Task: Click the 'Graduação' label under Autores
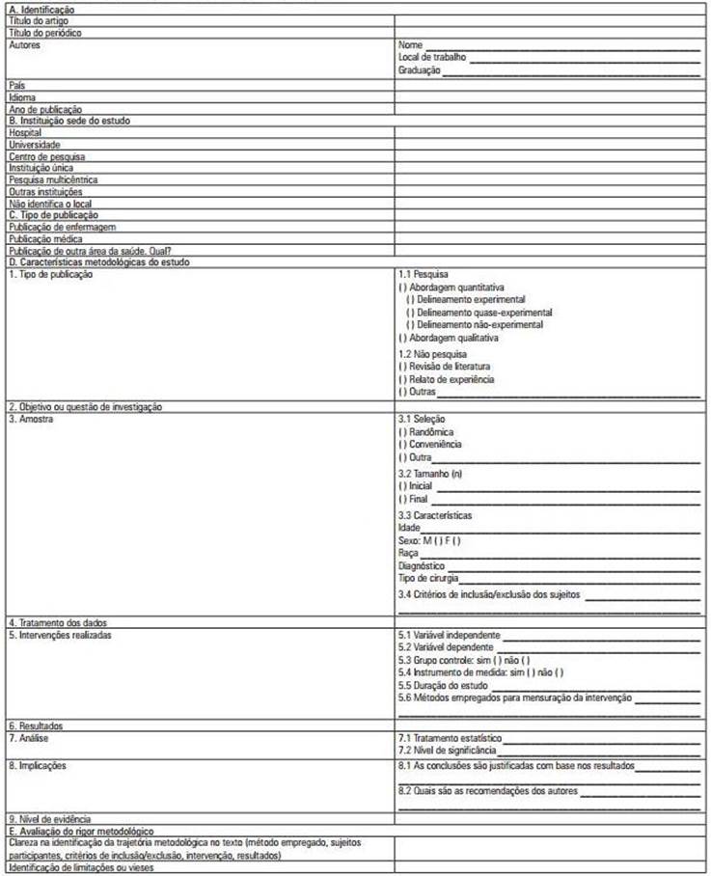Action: point(419,70)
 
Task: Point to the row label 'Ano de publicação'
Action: point(45,109)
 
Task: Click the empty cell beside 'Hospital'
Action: point(550,132)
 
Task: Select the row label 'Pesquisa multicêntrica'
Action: point(53,178)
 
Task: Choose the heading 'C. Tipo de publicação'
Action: point(54,214)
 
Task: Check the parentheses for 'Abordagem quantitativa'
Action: point(402,287)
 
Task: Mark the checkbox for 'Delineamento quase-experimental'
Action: point(410,313)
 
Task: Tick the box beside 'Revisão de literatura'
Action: point(402,367)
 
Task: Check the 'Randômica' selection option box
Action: point(402,432)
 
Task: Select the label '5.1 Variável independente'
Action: point(449,636)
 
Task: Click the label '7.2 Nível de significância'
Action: point(448,750)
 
